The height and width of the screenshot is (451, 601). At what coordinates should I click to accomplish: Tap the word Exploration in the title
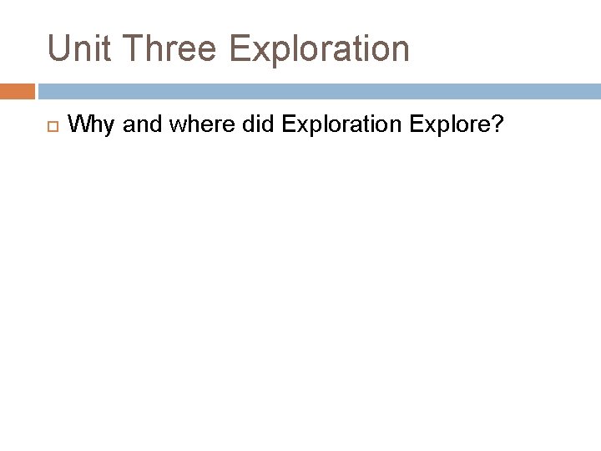[x=319, y=48]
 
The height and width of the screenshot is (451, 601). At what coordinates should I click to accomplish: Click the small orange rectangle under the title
[x=18, y=91]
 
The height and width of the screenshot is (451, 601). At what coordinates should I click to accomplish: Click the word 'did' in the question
[x=255, y=125]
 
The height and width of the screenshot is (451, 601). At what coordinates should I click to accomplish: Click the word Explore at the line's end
[x=448, y=125]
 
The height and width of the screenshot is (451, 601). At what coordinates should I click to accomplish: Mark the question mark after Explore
[x=497, y=125]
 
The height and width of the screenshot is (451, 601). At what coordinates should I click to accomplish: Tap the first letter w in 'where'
[x=174, y=127]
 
